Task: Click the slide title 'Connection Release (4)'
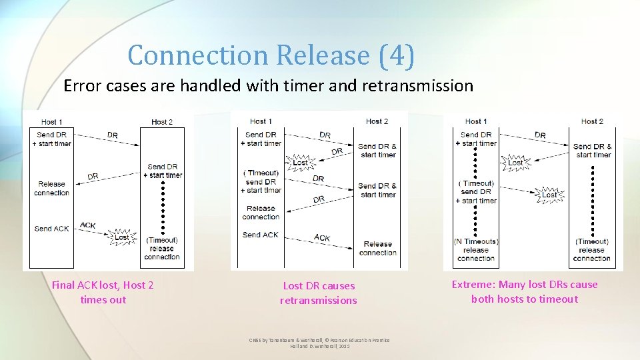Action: pyautogui.click(x=271, y=55)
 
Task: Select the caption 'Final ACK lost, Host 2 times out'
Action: pyautogui.click(x=103, y=293)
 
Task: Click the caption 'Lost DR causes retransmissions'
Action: pyautogui.click(x=319, y=293)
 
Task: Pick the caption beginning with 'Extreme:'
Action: pyautogui.click(x=525, y=292)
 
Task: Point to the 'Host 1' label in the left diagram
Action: pyautogui.click(x=52, y=122)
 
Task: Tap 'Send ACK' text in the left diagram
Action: pyautogui.click(x=52, y=229)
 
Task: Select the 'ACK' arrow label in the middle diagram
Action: pyautogui.click(x=322, y=237)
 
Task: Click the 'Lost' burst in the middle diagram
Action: pyautogui.click(x=301, y=162)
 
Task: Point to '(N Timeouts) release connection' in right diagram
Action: pyautogui.click(x=476, y=249)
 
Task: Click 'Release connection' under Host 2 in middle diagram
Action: pyautogui.click(x=378, y=248)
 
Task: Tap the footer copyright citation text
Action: pyautogui.click(x=319, y=343)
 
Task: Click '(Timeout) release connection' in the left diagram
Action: pyautogui.click(x=162, y=249)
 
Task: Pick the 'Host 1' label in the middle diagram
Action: pyautogui.click(x=261, y=121)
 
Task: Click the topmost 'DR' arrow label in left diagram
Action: pyautogui.click(x=112, y=135)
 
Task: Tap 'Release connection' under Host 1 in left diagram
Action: pyautogui.click(x=52, y=188)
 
